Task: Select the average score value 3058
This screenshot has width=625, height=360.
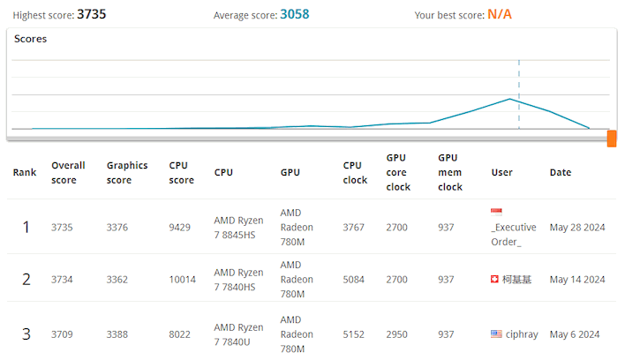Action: click(x=294, y=14)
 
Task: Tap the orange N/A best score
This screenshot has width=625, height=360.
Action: click(x=499, y=14)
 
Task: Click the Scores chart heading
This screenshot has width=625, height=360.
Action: click(x=31, y=39)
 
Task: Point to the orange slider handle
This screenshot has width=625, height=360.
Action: click(x=611, y=139)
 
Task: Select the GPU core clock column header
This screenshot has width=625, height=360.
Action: click(x=398, y=172)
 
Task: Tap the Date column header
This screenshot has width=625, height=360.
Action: click(x=560, y=172)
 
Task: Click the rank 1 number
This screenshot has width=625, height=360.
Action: click(x=26, y=227)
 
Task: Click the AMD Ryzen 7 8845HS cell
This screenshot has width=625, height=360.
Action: click(x=238, y=227)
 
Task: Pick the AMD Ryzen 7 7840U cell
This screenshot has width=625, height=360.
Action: click(x=238, y=334)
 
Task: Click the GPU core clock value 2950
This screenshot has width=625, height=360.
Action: click(x=398, y=334)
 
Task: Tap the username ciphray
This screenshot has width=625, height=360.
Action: click(x=523, y=334)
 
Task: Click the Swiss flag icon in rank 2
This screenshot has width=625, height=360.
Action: click(x=495, y=280)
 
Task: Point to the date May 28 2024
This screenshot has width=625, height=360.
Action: click(x=577, y=227)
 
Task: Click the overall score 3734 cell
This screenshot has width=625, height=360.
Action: click(x=62, y=280)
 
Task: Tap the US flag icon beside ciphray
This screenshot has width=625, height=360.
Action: click(x=496, y=334)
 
